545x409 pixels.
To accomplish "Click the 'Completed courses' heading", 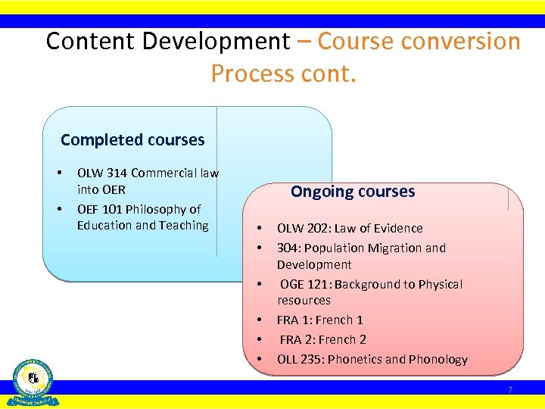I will [x=132, y=140].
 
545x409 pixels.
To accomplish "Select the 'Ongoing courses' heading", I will [x=353, y=192].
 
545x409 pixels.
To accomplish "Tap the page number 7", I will [x=510, y=390].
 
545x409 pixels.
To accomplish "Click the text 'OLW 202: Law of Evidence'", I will [x=350, y=228].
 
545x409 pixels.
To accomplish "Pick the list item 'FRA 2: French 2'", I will [x=322, y=339].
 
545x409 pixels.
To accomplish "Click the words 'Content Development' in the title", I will [x=167, y=41].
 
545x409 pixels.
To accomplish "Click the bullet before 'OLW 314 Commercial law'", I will [x=60, y=173].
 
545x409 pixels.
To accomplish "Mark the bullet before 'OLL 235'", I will [x=259, y=359].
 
